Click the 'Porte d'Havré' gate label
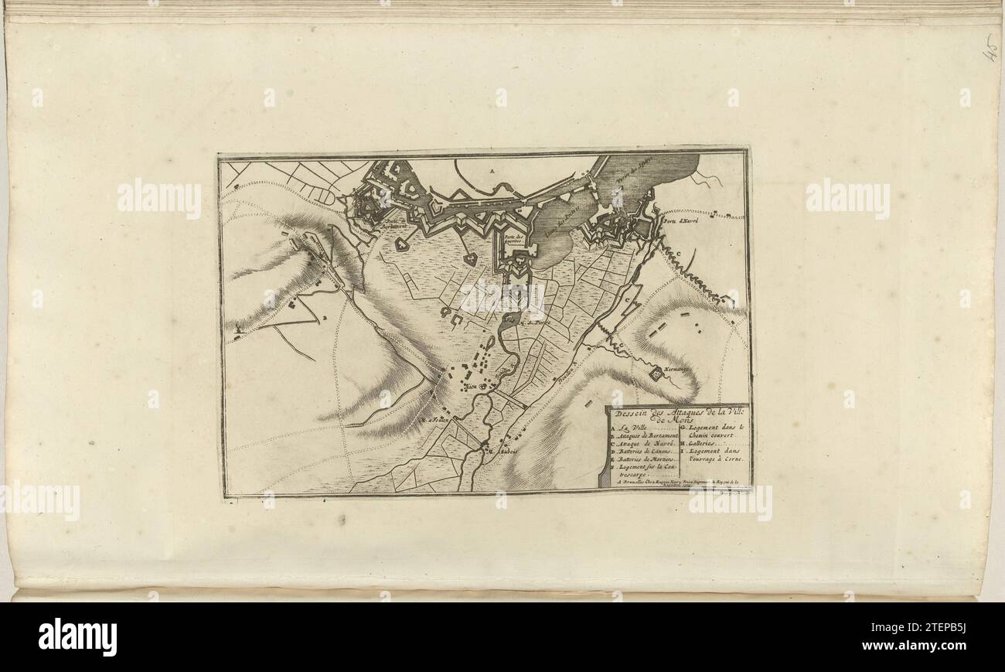[680, 220]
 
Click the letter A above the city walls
[492, 169]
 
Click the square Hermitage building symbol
[656, 374]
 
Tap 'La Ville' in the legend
[632, 428]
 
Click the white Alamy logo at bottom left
[77, 636]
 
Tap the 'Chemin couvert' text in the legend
[710, 435]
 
